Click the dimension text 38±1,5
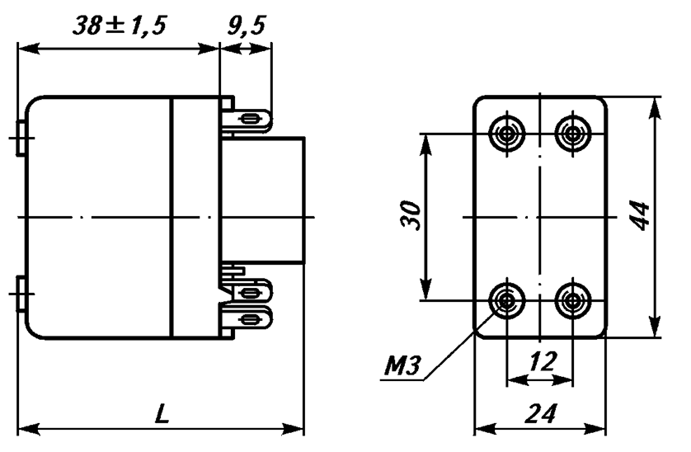pos(120,26)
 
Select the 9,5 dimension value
pos(247,26)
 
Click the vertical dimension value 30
pos(411,215)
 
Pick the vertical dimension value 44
pos(639,215)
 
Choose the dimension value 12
pos(543,362)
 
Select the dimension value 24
pos(541,413)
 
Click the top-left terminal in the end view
pos(507,133)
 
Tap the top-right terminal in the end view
pos(572,133)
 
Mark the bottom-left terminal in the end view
pos(507,301)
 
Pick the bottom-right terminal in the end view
pos(572,301)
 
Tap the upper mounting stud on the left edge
pos(21,138)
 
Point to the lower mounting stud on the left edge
pos(21,294)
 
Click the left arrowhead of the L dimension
pos(29,428)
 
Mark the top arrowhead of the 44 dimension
pos(655,107)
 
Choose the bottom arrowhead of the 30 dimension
pos(425,290)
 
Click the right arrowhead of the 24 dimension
pos(595,428)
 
